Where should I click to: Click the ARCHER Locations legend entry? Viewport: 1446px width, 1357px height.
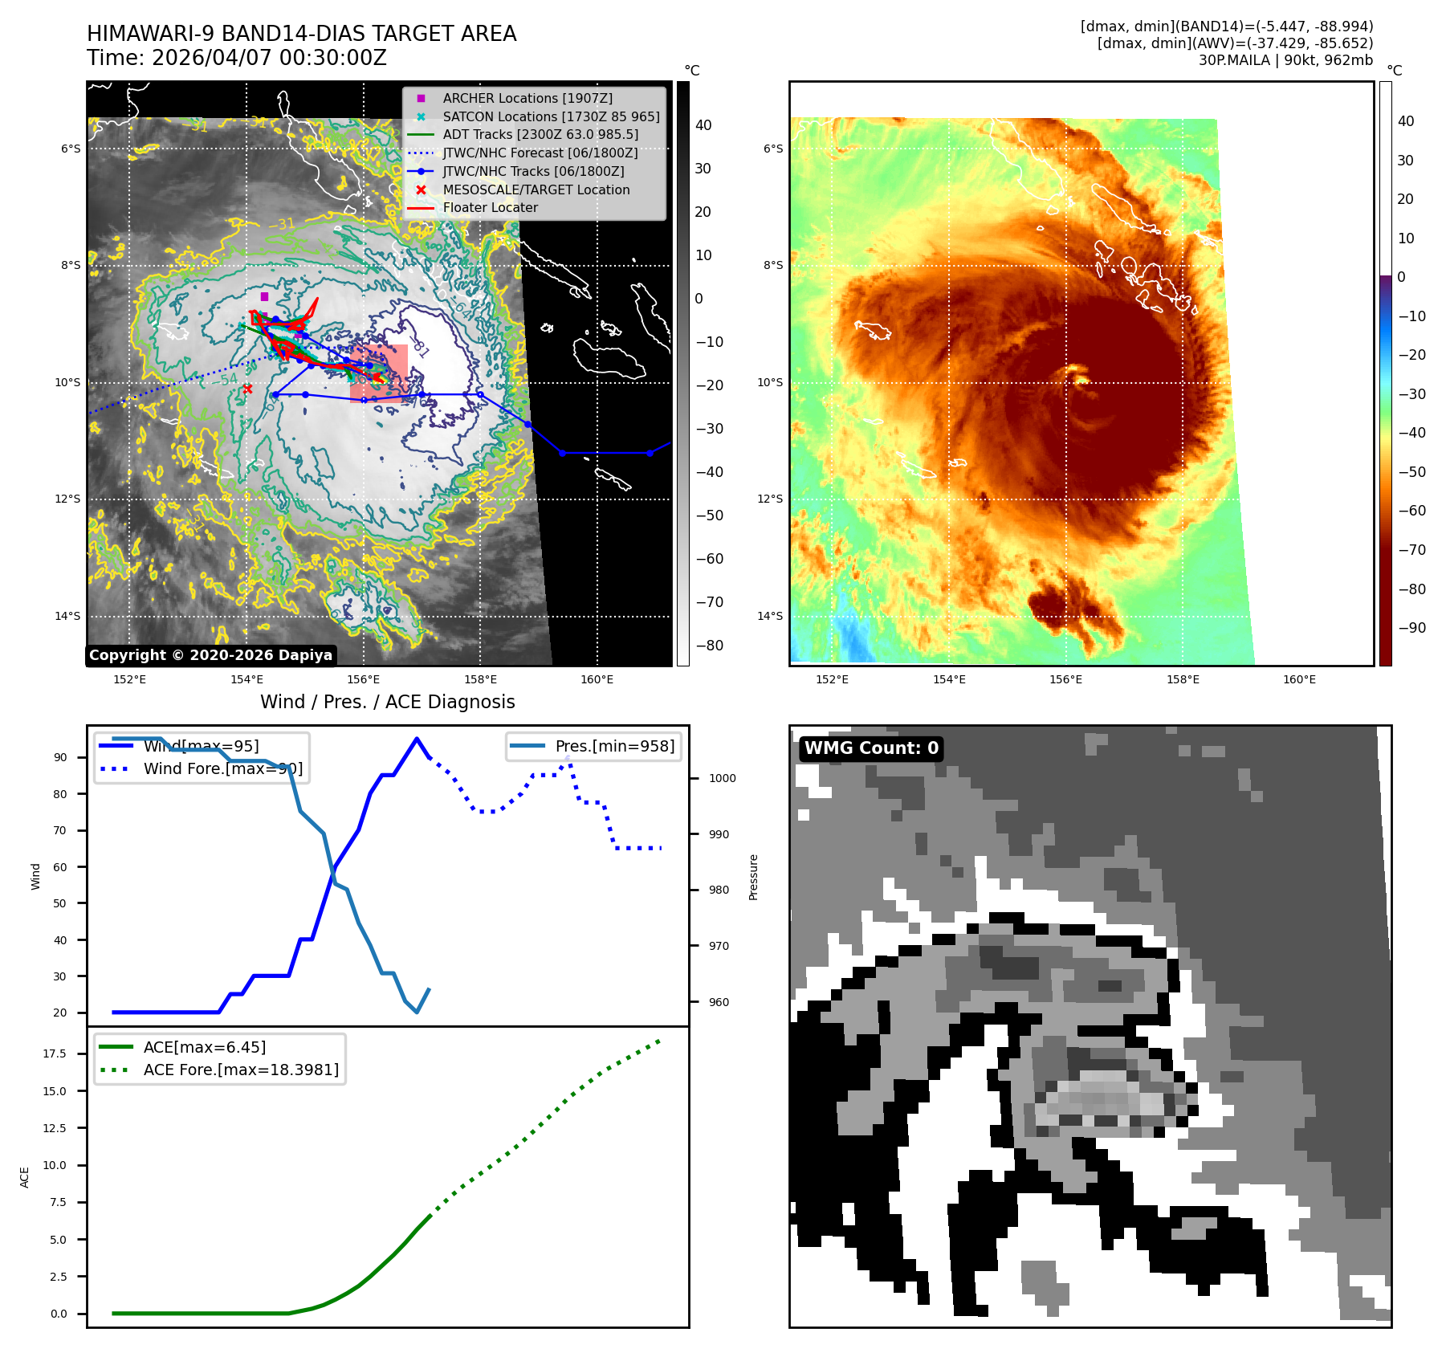527,98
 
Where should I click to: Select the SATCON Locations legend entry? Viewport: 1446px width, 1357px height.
551,116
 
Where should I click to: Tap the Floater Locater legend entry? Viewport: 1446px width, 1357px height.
490,207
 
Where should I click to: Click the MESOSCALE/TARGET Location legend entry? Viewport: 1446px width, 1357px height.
536,189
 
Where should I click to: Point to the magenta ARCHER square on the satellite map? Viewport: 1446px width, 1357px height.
264,297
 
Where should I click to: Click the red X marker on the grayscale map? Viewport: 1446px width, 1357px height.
247,389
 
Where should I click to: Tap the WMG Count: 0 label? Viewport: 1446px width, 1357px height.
871,748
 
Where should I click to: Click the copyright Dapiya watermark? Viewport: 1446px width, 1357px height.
210,655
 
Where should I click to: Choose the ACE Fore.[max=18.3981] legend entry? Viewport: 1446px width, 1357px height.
241,1070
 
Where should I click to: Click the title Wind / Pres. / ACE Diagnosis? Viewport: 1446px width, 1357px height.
388,702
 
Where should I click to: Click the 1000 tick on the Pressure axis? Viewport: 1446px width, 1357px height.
722,778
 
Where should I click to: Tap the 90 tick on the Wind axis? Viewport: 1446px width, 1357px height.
60,757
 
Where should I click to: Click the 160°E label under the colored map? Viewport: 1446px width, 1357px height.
1299,679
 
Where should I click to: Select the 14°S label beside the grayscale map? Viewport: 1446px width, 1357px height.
67,616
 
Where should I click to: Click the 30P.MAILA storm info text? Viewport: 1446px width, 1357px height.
1285,60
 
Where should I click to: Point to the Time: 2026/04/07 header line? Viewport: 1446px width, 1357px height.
237,58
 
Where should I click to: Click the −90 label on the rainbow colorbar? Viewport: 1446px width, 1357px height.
1411,628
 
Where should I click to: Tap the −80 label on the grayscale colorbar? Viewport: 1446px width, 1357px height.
709,646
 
